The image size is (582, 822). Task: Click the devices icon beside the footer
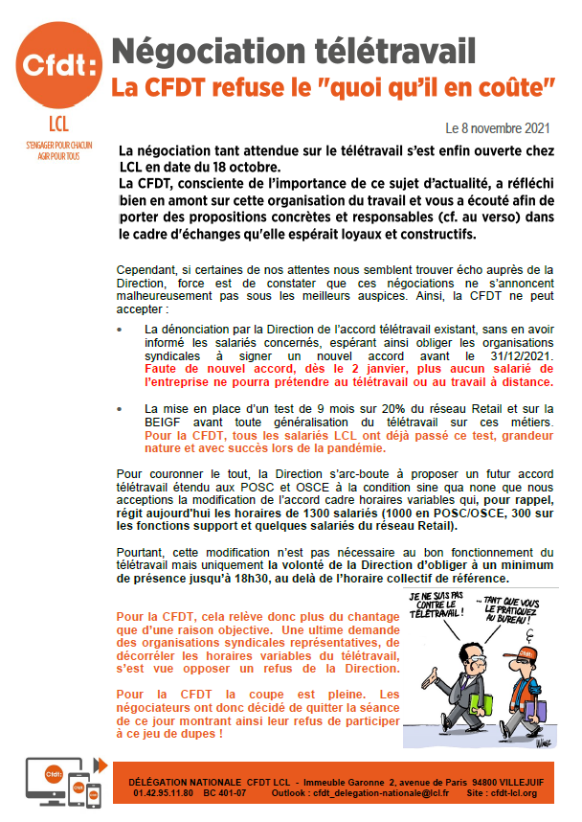(63, 781)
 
